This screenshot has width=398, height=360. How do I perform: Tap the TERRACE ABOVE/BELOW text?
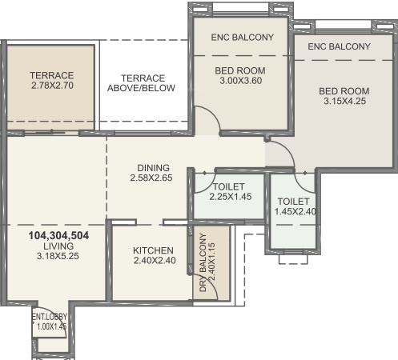[x=142, y=83]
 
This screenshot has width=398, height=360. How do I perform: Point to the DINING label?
[x=151, y=167]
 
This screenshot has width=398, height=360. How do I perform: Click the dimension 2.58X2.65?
[x=151, y=178]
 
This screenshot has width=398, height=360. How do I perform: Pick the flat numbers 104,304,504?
[x=58, y=236]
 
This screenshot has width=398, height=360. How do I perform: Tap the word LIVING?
[x=58, y=246]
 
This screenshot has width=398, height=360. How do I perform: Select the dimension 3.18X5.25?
[x=58, y=257]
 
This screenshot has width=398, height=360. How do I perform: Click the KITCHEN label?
[x=154, y=250]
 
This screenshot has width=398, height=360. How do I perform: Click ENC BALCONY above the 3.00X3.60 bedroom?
[x=242, y=38]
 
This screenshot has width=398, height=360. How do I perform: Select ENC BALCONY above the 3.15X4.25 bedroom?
[x=339, y=46]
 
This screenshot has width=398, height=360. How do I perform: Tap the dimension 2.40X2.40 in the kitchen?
[x=154, y=261]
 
